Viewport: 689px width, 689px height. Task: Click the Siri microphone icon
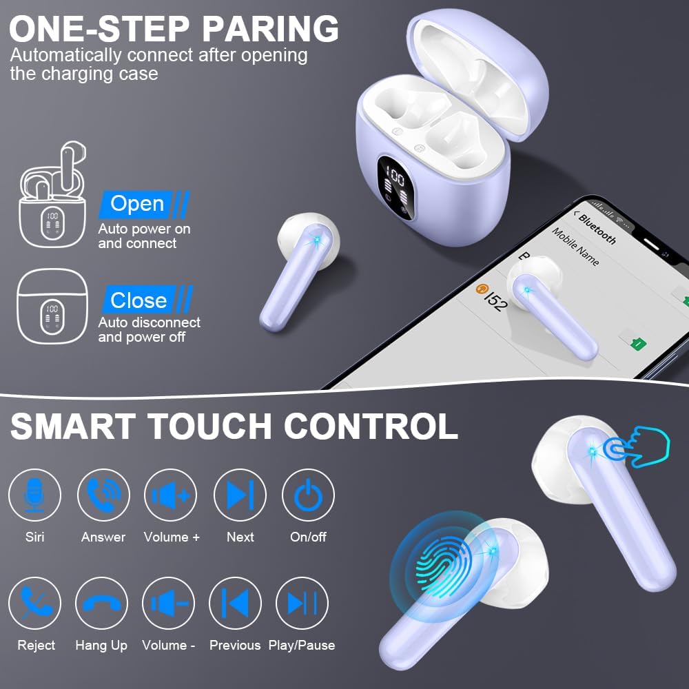coord(34,495)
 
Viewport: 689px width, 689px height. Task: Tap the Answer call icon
coord(104,495)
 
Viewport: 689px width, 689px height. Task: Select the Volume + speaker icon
coord(170,495)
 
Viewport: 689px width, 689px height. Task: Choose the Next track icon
coord(240,495)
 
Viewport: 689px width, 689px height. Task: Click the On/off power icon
coord(308,495)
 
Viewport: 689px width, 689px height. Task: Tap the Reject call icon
coord(34,604)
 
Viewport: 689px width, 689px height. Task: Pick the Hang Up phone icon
coord(101,604)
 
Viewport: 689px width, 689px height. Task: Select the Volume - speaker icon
coord(168,604)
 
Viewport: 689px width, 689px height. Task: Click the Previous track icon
coord(235,604)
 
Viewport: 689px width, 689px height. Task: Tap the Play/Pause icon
coord(302,604)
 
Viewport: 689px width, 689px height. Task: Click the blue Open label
coord(144,205)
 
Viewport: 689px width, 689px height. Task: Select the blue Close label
coord(147,300)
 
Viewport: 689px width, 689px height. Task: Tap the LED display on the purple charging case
coord(395,187)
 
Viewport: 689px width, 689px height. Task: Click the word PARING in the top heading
coord(271,29)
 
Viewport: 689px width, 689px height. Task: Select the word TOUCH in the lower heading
coord(210,426)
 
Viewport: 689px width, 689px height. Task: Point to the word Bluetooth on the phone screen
coord(597,229)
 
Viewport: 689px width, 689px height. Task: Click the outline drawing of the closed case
coord(52,307)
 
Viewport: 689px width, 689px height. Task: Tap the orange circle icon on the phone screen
coord(482,289)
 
